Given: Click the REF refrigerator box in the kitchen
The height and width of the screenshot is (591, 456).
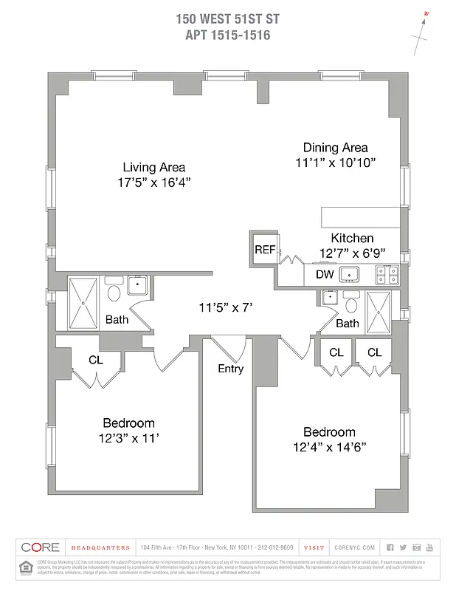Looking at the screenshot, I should click(x=264, y=250).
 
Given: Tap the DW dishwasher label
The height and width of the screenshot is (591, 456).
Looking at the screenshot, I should click(x=325, y=275).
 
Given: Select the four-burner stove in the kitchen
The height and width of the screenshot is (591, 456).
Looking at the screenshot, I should click(x=387, y=275).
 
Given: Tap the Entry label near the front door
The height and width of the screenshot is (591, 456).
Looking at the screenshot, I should click(x=231, y=369).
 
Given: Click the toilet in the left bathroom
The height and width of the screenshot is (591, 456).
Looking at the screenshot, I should click(x=114, y=293).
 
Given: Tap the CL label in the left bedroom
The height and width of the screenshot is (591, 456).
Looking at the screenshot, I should click(x=95, y=360).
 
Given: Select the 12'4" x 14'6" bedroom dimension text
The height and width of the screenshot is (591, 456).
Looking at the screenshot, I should click(x=330, y=448).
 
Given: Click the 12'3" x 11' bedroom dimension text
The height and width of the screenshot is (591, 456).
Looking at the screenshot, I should click(x=128, y=438).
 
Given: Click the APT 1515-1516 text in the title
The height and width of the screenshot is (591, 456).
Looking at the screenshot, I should click(x=227, y=34).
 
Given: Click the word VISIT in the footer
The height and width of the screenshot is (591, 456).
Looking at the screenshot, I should click(x=314, y=547).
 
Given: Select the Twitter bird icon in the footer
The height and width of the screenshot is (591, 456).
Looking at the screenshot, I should click(x=403, y=547).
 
